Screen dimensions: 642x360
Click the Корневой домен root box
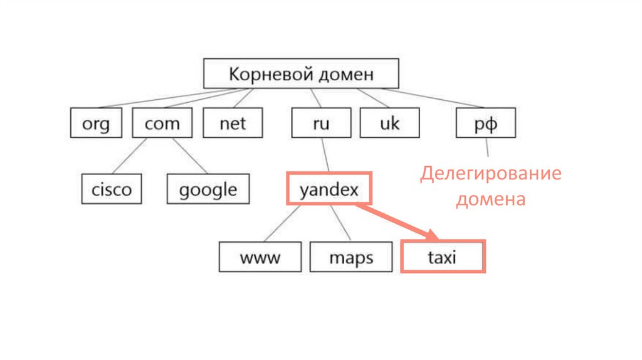point(301,74)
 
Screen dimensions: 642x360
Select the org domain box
point(95,123)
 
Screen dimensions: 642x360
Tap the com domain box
point(162,123)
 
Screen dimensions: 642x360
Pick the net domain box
point(233,123)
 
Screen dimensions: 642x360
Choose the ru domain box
point(320,123)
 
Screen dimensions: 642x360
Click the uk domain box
point(389,123)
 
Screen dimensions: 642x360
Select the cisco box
point(112,189)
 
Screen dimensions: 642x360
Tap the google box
point(208,189)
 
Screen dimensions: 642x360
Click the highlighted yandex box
point(329,189)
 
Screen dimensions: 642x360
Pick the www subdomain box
point(260,257)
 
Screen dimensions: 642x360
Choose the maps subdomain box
point(350,257)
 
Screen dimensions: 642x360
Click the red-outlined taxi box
point(443,256)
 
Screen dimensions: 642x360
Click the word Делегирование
point(491,174)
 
